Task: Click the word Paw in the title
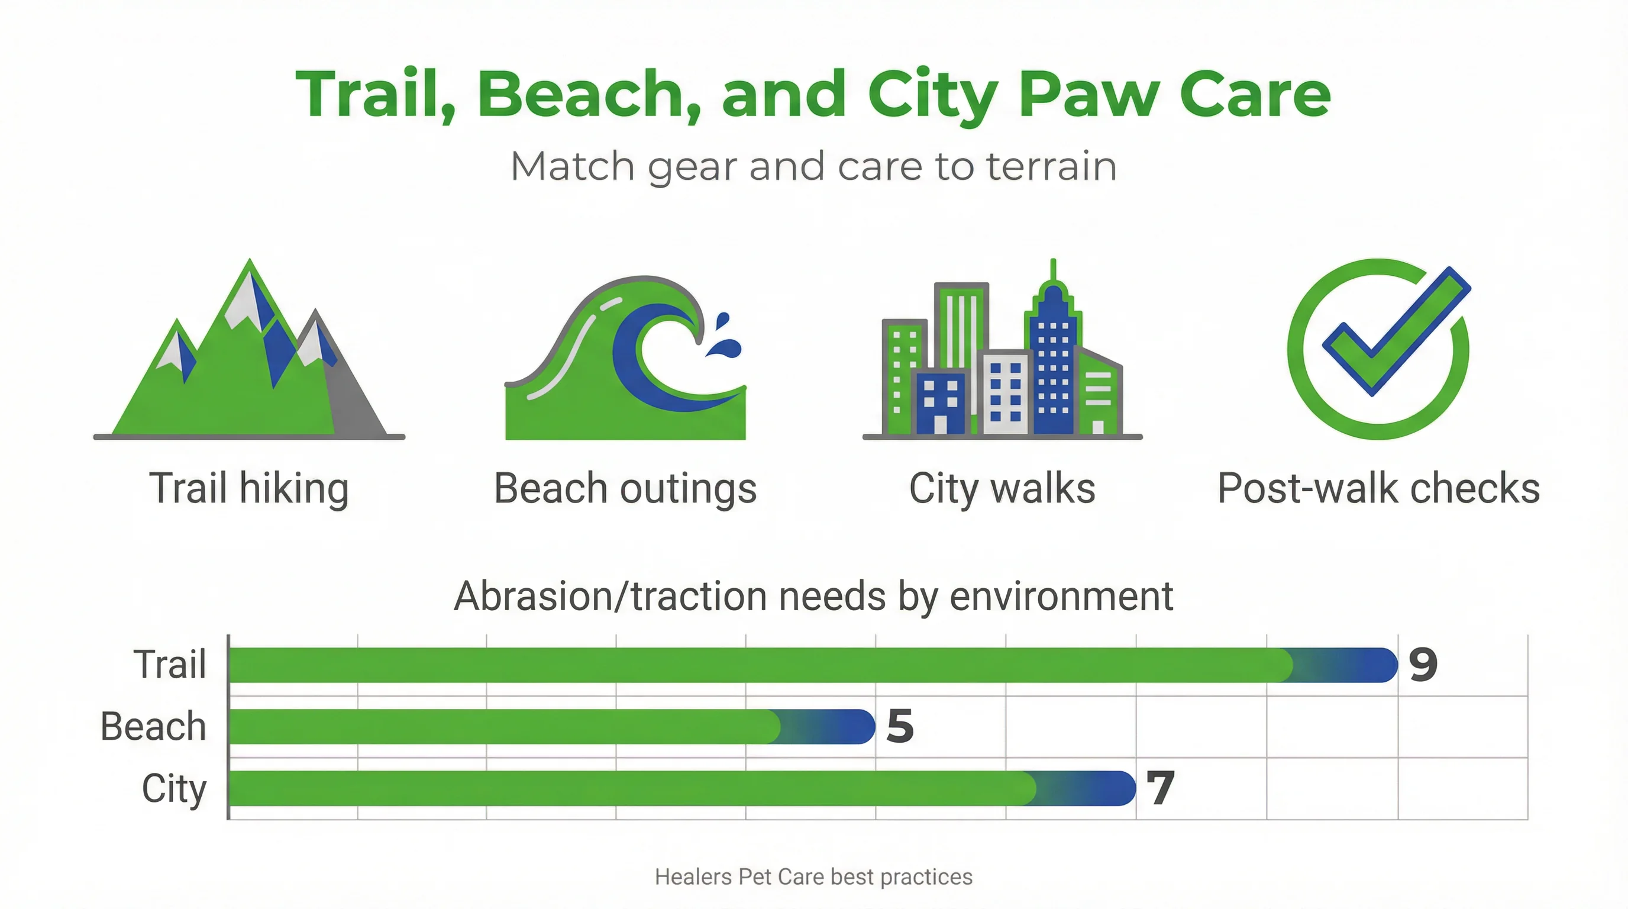(x=1088, y=95)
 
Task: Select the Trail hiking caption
(x=249, y=489)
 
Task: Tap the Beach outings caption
(x=625, y=489)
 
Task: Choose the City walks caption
(x=1002, y=489)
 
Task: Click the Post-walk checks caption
(x=1378, y=489)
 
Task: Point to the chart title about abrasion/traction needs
(x=813, y=596)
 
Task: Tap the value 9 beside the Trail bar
(x=1423, y=665)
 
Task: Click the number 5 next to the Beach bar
(x=900, y=726)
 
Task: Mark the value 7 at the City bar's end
(x=1160, y=788)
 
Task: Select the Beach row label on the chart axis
(x=154, y=726)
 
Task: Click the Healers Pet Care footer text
(x=813, y=877)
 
